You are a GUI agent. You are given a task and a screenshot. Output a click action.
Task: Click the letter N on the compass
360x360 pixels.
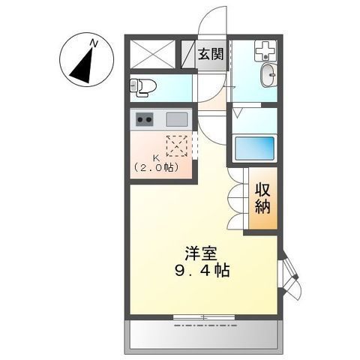94,45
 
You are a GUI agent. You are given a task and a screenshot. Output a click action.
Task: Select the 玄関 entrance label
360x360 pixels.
210,54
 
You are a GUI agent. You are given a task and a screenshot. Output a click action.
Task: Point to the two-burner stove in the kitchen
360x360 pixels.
145,119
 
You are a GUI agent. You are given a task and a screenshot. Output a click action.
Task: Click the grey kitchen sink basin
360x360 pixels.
178,119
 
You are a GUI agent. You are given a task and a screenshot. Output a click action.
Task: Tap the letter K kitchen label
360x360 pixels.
156,159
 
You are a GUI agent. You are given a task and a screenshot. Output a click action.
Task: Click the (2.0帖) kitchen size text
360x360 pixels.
155,168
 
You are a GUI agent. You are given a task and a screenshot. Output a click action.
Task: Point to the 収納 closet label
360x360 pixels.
262,198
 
